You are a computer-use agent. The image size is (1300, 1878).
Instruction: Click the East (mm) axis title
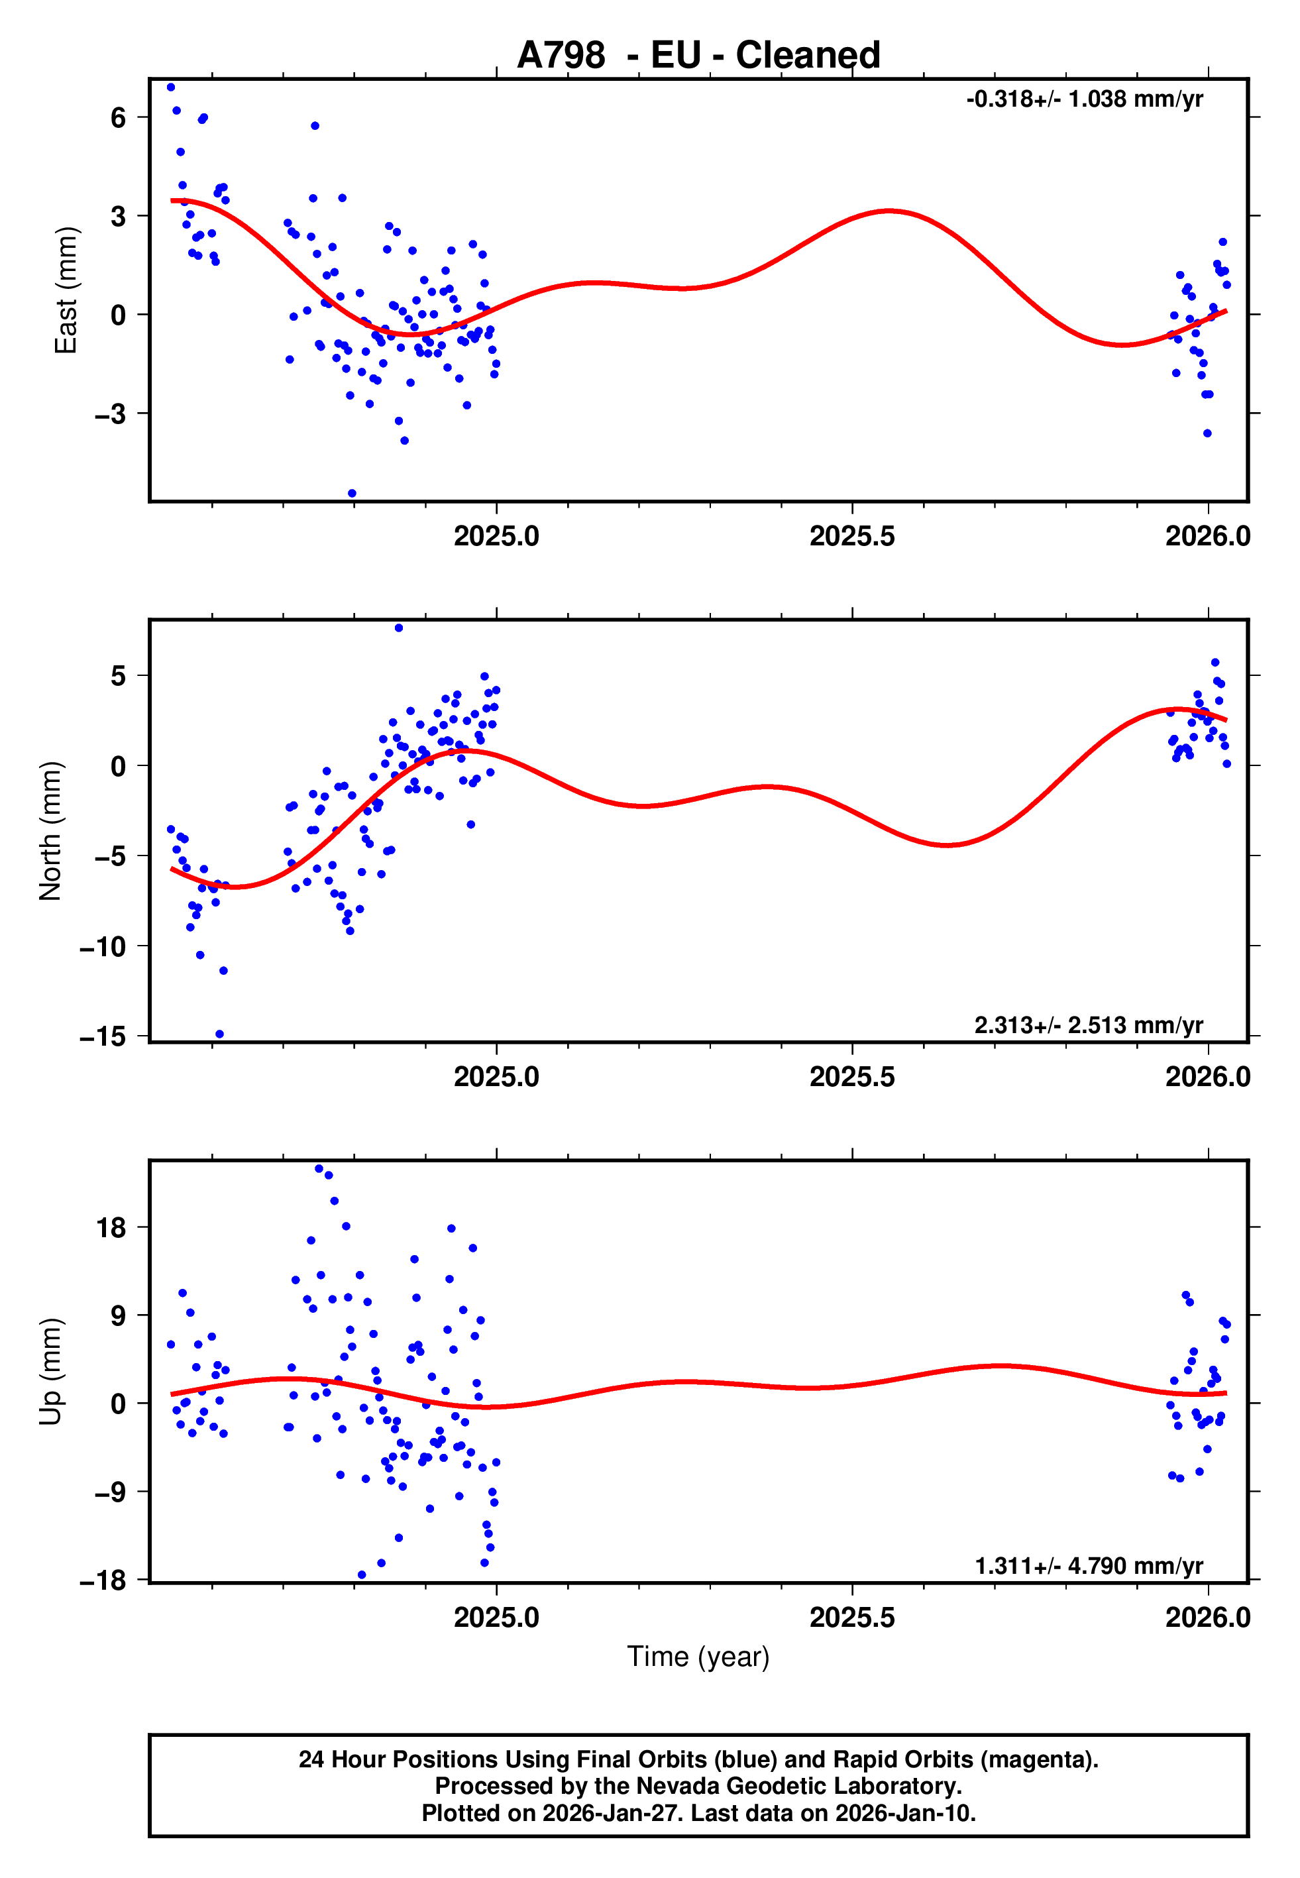(x=65, y=291)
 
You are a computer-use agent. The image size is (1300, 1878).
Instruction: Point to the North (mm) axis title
(x=50, y=831)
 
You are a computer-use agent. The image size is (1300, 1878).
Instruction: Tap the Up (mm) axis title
(x=50, y=1372)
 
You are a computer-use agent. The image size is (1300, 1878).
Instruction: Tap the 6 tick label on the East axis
(x=119, y=118)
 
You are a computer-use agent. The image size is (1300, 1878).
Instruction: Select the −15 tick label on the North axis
(x=103, y=1036)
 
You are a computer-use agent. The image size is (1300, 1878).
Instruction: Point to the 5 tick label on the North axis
(x=119, y=676)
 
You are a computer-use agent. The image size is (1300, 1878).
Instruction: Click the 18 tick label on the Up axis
(x=111, y=1228)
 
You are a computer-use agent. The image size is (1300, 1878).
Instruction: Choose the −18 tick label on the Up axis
(x=103, y=1580)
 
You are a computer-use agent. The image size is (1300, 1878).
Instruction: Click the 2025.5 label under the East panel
(x=852, y=537)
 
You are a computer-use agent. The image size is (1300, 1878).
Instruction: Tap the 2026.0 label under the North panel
(x=1207, y=1077)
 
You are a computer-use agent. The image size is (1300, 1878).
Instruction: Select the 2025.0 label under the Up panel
(x=496, y=1618)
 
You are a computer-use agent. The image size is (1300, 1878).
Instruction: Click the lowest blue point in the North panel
(x=219, y=1034)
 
